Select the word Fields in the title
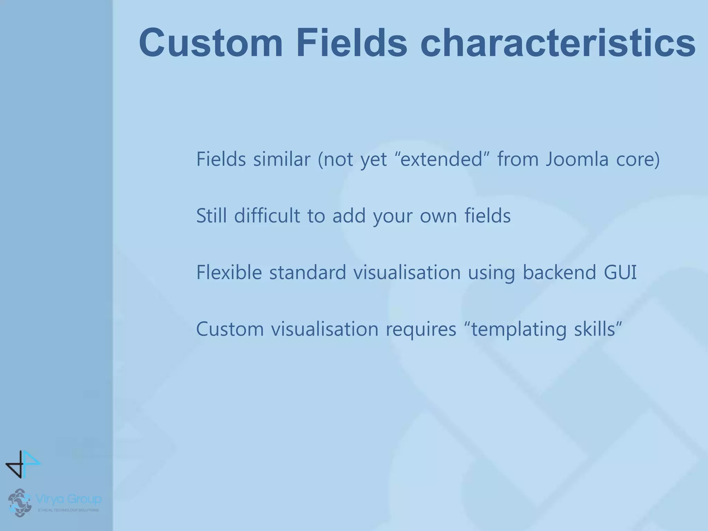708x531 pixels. (352, 43)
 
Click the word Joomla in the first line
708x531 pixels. (577, 159)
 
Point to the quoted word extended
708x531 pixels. (441, 159)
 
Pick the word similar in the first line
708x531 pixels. (281, 159)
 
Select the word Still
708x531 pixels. (211, 216)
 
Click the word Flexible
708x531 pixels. (229, 272)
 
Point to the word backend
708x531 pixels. (559, 272)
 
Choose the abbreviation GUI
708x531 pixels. (620, 272)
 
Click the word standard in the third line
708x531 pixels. (307, 272)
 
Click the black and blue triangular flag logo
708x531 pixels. (23, 464)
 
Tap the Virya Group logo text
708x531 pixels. (68, 499)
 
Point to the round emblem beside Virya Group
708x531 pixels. (19, 502)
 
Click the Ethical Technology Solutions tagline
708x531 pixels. (68, 510)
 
